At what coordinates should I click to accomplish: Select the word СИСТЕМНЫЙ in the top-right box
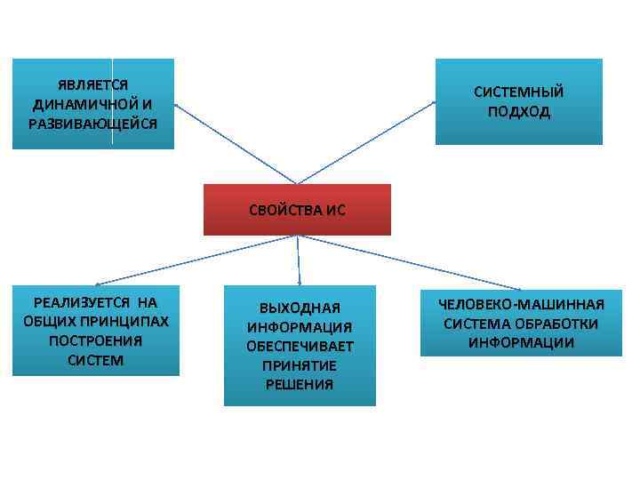[x=518, y=92]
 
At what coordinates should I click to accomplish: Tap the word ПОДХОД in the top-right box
[x=518, y=112]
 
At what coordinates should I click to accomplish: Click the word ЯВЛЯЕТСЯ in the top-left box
[x=92, y=85]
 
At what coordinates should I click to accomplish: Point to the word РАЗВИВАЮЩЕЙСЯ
[x=92, y=123]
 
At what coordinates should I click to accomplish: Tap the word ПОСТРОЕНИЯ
[x=95, y=340]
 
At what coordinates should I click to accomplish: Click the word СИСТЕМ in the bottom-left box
[x=95, y=360]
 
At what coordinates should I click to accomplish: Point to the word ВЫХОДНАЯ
[x=300, y=308]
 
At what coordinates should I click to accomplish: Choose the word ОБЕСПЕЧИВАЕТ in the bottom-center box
[x=300, y=346]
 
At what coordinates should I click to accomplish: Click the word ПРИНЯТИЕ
[x=300, y=365]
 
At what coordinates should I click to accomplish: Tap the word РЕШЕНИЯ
[x=300, y=384]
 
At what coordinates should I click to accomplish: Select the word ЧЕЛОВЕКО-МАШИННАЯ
[x=521, y=304]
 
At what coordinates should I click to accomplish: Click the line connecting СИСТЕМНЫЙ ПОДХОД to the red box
[x=366, y=142]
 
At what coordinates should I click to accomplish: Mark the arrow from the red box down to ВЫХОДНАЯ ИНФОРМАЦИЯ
[x=298, y=260]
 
